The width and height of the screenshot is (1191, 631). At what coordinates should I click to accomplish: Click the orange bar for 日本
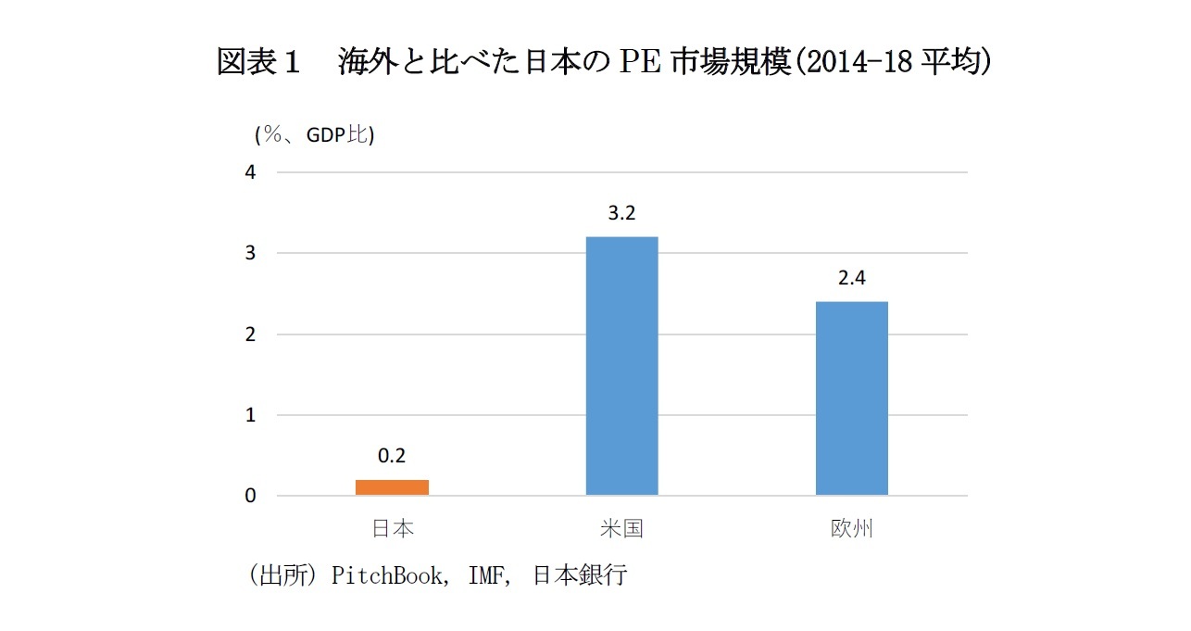[x=393, y=487]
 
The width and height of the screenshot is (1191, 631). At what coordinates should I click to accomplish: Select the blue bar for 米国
[x=621, y=366]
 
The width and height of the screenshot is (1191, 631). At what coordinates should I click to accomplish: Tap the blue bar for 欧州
[x=851, y=398]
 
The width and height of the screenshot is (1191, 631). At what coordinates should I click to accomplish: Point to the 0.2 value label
[x=392, y=456]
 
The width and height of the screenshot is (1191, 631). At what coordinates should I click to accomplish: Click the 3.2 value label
[x=621, y=213]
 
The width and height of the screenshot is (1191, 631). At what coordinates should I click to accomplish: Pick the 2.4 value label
[x=851, y=278]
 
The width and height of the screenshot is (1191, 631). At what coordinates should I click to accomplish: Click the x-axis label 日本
[x=393, y=529]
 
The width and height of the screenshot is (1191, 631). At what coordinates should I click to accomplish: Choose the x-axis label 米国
[x=621, y=529]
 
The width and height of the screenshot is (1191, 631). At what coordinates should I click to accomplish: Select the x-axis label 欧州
[x=851, y=529]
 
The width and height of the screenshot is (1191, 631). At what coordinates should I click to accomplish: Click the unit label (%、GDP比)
[x=314, y=135]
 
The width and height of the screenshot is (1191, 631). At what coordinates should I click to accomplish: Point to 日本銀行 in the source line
[x=580, y=575]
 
